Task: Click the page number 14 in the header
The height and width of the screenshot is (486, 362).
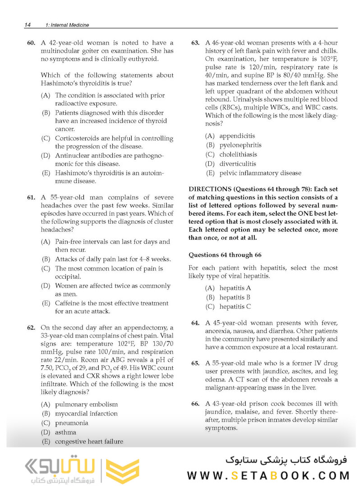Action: point(27,25)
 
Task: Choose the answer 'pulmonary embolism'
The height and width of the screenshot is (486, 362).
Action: point(86,405)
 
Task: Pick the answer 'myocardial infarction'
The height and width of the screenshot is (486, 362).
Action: point(86,414)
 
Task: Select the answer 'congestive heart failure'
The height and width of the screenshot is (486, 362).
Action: point(89,441)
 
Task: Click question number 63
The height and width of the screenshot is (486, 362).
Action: point(195,43)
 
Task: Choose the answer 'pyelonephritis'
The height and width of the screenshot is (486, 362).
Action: point(240,145)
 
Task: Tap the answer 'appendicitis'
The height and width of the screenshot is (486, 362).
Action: point(237,135)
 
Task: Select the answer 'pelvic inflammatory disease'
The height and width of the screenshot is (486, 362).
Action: point(260,173)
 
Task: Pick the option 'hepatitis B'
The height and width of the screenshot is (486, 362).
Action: point(235,297)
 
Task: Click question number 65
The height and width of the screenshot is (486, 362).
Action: point(195,363)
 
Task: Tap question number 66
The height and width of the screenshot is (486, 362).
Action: point(195,404)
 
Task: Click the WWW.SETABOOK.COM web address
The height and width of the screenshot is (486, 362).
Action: point(269,476)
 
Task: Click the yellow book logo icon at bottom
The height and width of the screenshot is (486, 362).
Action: point(120,471)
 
